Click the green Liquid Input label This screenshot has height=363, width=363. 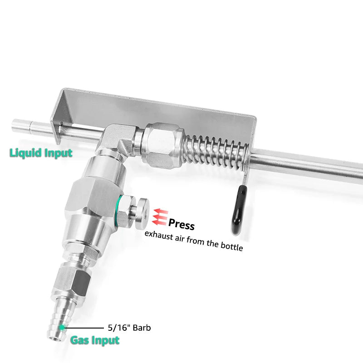[x=41, y=153]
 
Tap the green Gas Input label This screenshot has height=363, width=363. [x=95, y=340]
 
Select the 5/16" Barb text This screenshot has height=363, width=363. [x=129, y=327]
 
